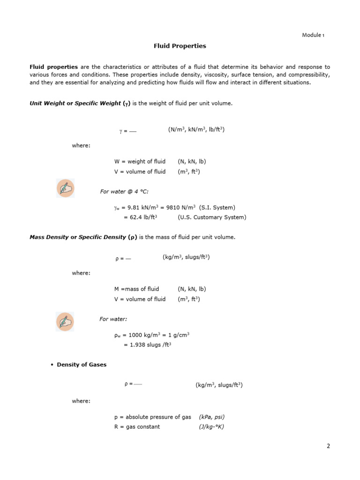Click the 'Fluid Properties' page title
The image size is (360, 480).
click(180, 46)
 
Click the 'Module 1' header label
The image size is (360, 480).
click(312, 35)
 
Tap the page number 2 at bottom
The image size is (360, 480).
click(329, 446)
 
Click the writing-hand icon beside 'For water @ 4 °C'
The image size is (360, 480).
click(65, 188)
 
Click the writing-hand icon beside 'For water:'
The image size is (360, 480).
click(65, 322)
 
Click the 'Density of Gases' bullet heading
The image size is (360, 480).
click(82, 365)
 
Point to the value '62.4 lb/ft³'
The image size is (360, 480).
click(140, 217)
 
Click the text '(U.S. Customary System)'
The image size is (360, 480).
click(211, 217)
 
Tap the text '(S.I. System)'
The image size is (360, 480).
click(217, 207)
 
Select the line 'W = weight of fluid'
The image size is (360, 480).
click(140, 162)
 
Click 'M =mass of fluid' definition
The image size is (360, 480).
click(136, 289)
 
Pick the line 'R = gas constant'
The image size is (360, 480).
click(137, 427)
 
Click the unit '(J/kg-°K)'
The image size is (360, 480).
click(211, 427)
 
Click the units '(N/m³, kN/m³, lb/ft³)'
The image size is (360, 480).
click(196, 130)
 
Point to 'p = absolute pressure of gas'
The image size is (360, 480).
click(152, 417)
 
